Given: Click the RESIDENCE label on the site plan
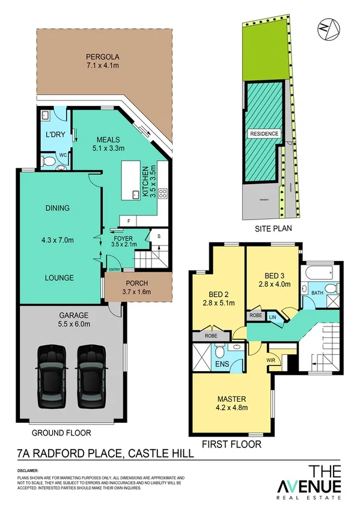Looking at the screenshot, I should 264,134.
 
